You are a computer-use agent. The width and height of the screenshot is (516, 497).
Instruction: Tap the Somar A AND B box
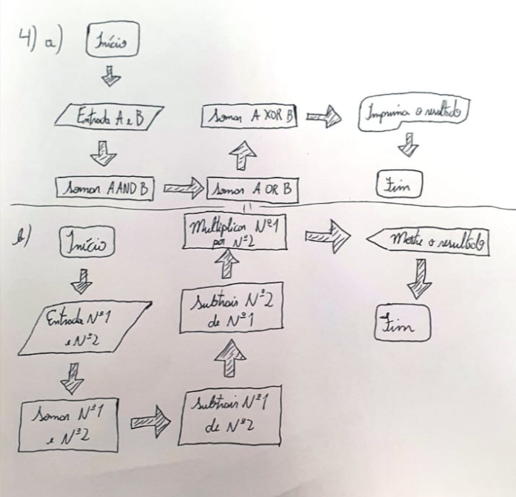point(104,189)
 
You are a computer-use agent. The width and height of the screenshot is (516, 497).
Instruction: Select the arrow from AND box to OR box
point(181,190)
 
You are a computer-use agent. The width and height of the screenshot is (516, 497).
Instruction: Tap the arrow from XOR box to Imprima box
point(323,117)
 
